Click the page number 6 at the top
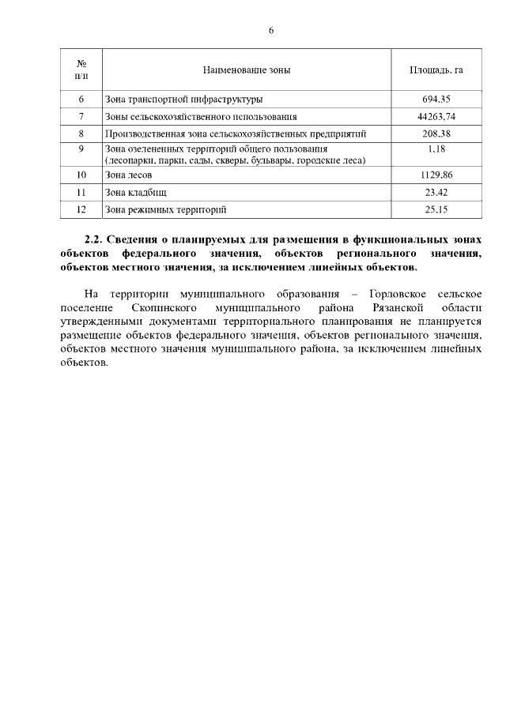pyautogui.click(x=271, y=30)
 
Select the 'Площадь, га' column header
pyautogui.click(x=436, y=70)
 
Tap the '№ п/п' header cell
pyautogui.click(x=81, y=70)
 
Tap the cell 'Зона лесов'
pyautogui.click(x=128, y=175)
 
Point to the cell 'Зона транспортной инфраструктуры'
pyautogui.click(x=183, y=100)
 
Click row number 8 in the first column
pyautogui.click(x=81, y=134)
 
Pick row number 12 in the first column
pyautogui.click(x=81, y=209)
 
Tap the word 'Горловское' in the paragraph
pyautogui.click(x=400, y=294)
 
